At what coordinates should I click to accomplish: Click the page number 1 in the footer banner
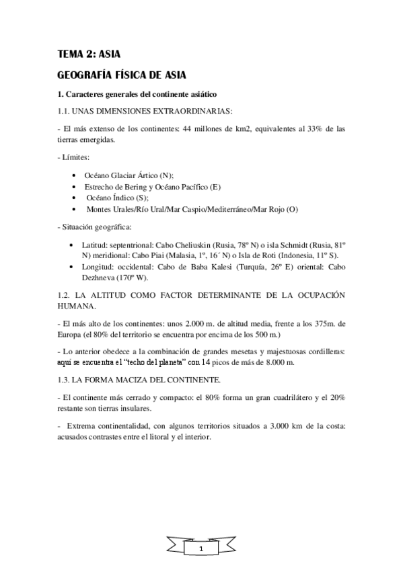pyautogui.click(x=200, y=550)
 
